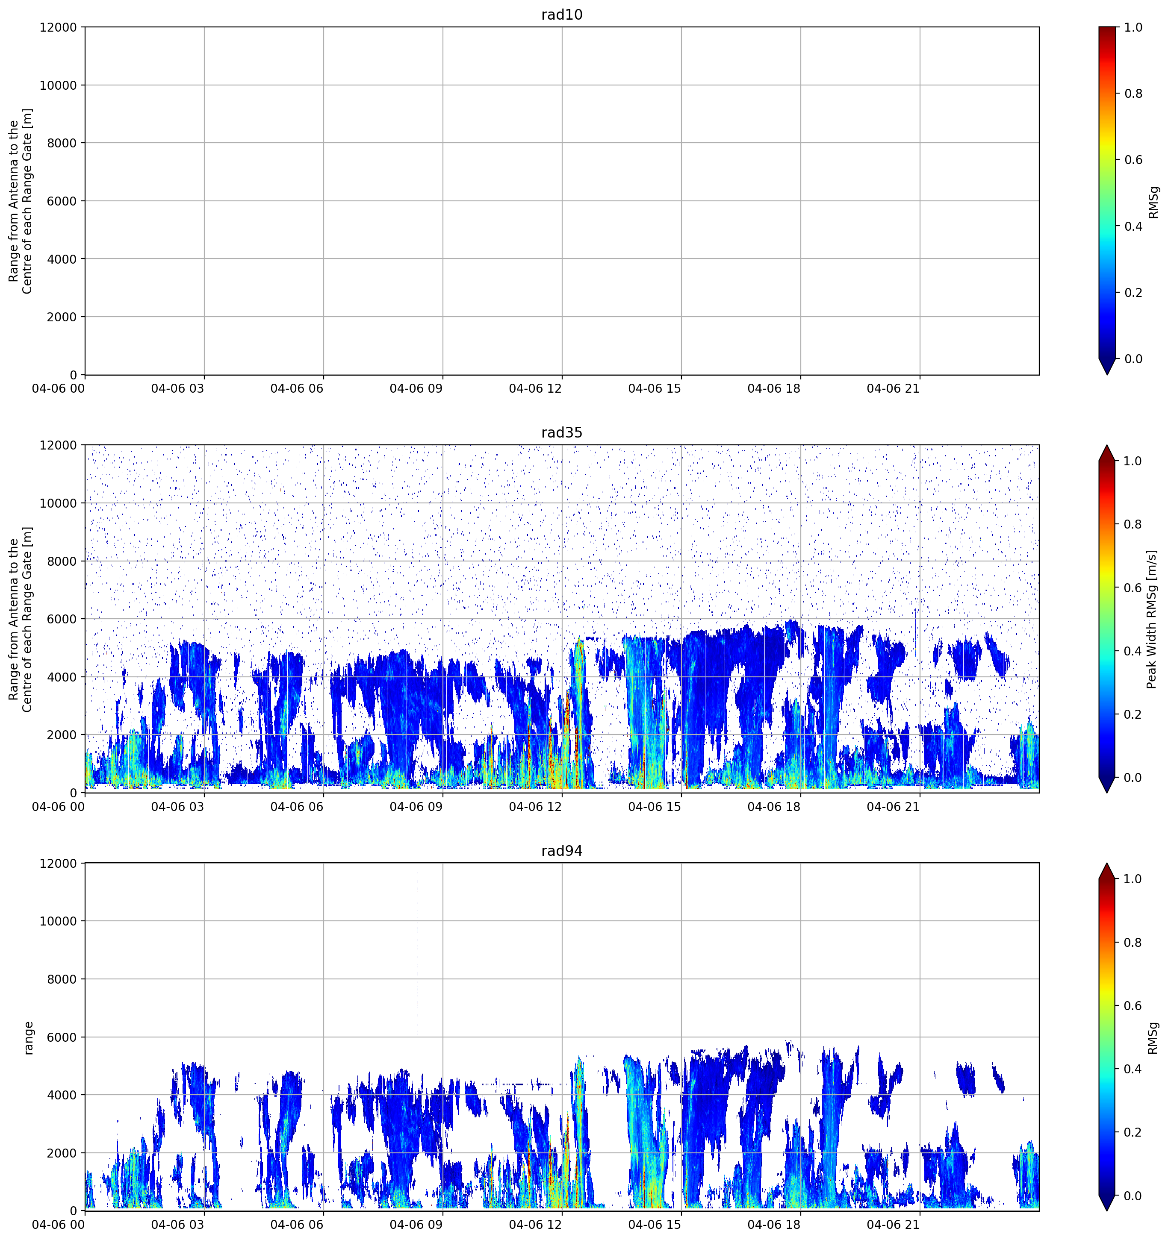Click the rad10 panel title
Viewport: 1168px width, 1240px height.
(x=561, y=15)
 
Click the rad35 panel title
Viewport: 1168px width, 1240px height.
(x=561, y=433)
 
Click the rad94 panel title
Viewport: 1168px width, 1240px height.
(x=561, y=851)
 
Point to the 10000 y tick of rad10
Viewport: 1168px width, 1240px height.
(x=59, y=85)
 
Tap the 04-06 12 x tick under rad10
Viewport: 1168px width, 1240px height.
(x=535, y=388)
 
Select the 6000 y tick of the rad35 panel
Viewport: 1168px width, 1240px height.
(x=62, y=620)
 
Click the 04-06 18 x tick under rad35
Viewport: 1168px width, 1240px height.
(x=774, y=806)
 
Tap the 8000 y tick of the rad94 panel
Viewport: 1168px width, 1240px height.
(x=62, y=980)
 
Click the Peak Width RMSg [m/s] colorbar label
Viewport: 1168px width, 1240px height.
(x=1152, y=620)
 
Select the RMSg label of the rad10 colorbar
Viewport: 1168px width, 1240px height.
(x=1153, y=202)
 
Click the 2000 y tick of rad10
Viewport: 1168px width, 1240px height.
(x=62, y=317)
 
